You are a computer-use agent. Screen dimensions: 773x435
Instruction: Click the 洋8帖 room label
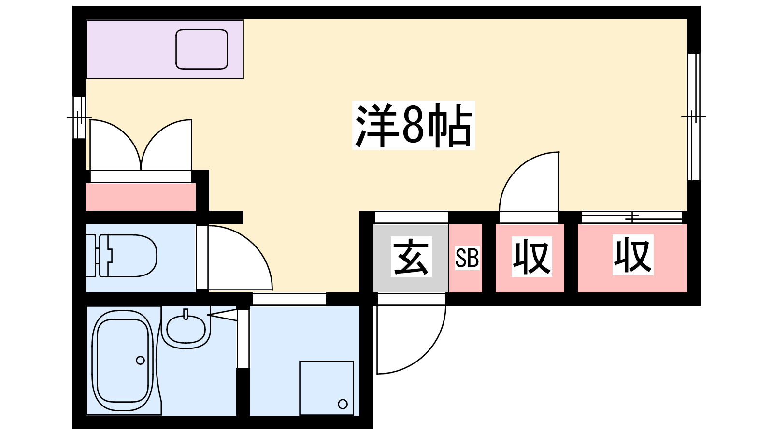coord(414,125)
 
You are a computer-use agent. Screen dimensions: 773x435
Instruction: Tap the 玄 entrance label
coord(411,257)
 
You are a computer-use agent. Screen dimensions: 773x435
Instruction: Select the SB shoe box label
coord(467,258)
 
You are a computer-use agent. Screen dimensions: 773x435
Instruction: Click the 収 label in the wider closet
coord(633,255)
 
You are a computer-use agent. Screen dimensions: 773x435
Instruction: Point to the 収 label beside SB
coord(531,257)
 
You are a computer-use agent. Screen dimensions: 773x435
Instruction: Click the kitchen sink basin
coord(201,49)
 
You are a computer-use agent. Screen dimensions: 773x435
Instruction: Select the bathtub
coord(123,361)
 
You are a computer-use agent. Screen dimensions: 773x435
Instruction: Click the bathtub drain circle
coord(140,361)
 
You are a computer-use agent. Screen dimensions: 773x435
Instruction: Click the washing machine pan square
coord(327,388)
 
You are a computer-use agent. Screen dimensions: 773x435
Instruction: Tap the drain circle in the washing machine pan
coord(343,404)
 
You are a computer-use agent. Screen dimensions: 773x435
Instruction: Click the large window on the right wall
coord(694,116)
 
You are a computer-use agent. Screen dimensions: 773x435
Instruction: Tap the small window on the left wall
coord(79,117)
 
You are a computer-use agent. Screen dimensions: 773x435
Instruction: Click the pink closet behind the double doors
coord(141,197)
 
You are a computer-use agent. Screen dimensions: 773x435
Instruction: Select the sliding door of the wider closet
coord(632,217)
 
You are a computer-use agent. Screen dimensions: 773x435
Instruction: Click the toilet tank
coord(91,256)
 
